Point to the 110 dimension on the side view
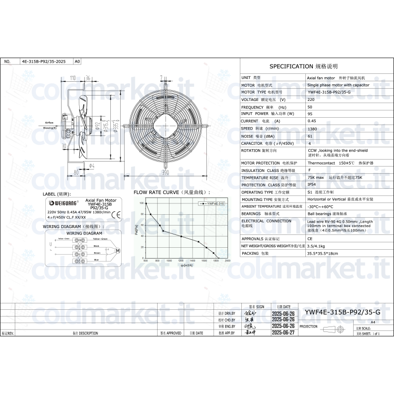coord(72,78)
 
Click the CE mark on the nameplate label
coord(116,214)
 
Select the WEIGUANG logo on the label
coord(61,202)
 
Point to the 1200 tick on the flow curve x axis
coord(181,261)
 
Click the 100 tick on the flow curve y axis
coord(141,203)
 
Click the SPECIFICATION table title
coord(304,66)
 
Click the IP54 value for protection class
coord(312,185)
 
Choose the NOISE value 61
coord(310,136)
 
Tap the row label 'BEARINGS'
coord(251,214)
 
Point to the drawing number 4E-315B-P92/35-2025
coord(43,62)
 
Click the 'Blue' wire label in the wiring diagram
coord(97,260)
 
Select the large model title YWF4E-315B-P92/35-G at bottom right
coord(342,312)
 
